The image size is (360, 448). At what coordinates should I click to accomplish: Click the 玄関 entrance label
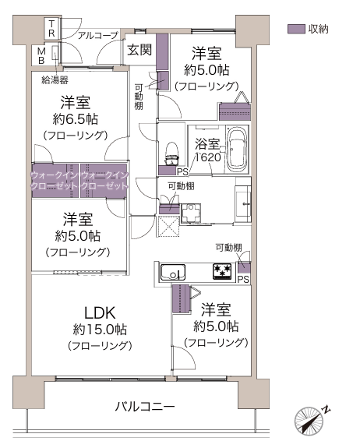tap(139, 50)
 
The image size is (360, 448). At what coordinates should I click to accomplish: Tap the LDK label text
tap(100, 313)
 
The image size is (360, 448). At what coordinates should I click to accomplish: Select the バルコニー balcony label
tap(145, 406)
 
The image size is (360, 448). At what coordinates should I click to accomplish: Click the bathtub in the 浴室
tap(237, 149)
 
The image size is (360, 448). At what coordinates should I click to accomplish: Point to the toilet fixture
tap(172, 153)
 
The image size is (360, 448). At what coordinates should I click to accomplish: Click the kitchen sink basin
tap(173, 272)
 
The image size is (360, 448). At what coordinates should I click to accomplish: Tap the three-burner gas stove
tap(222, 271)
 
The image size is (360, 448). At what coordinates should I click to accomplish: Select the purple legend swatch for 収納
tap(296, 29)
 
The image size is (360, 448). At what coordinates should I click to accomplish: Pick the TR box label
tap(51, 28)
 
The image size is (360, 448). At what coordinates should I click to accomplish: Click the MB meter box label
tap(41, 56)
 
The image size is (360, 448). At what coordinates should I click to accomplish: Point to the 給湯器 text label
tap(55, 79)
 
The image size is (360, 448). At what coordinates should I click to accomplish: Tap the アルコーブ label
tap(98, 35)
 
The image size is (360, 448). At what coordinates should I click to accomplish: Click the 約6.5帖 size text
tap(75, 119)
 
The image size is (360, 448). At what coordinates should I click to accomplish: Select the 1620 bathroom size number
tap(208, 157)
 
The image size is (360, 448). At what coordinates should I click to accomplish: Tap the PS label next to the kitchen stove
tap(243, 279)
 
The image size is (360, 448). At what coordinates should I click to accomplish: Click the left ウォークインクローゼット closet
tap(55, 181)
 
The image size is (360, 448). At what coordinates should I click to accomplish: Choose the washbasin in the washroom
tap(243, 203)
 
